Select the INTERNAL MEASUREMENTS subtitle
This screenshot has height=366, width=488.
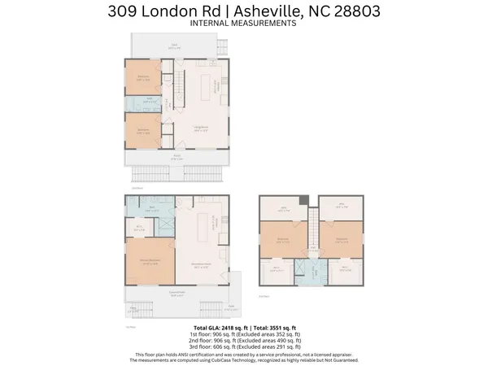coord(243,24)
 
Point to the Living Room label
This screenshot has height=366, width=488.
coord(198,127)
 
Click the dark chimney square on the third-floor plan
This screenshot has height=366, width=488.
coord(303,201)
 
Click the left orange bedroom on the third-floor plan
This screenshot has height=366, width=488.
coord(283,240)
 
